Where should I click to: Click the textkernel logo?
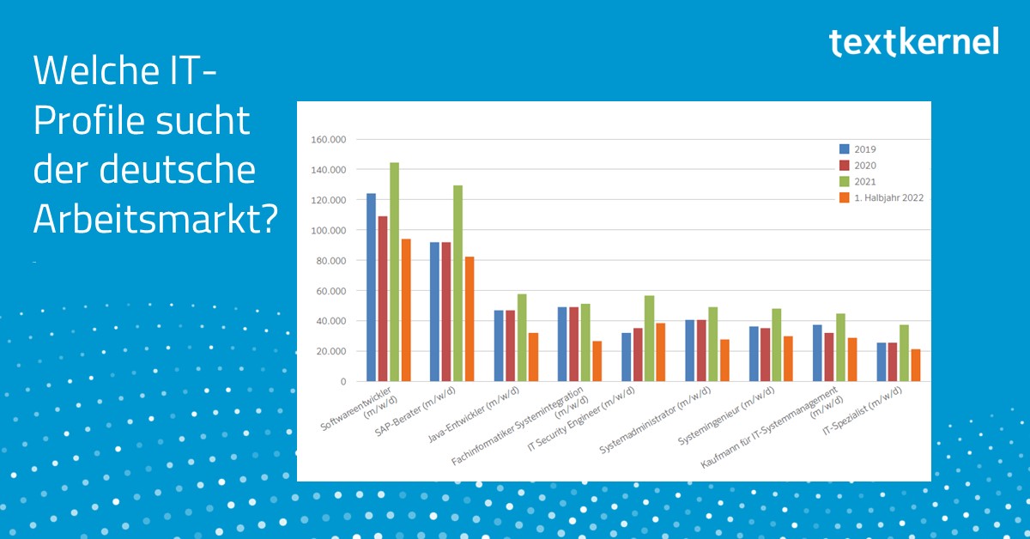[x=914, y=41]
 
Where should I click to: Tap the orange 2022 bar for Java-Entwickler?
[x=533, y=357]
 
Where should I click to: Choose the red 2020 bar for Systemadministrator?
[x=701, y=350]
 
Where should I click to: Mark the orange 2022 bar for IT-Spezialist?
[x=915, y=365]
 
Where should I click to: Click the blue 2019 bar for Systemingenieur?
[x=754, y=354]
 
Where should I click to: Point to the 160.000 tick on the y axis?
[x=328, y=140]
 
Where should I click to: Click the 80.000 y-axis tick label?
[x=330, y=261]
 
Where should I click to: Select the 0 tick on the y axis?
[x=342, y=382]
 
